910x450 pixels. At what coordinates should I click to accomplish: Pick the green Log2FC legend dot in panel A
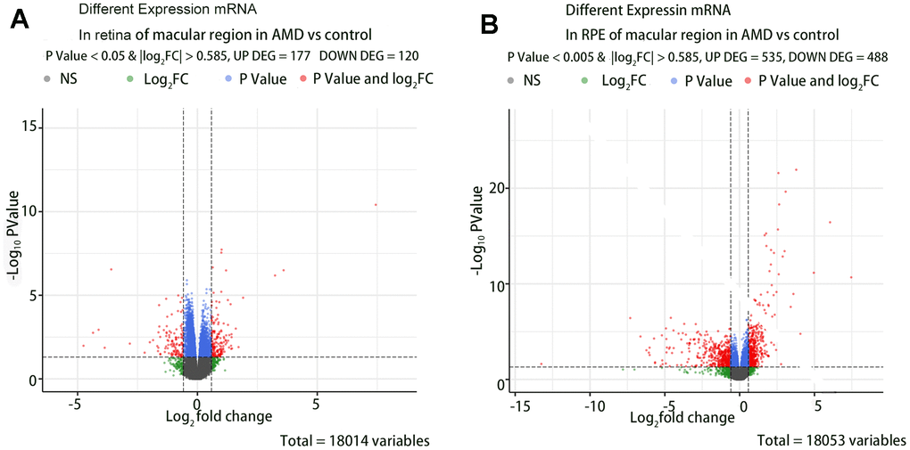130,79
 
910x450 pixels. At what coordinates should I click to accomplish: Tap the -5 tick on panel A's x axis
77,403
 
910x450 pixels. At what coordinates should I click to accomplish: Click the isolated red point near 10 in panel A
376,205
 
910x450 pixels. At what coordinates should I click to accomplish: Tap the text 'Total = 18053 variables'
831,440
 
